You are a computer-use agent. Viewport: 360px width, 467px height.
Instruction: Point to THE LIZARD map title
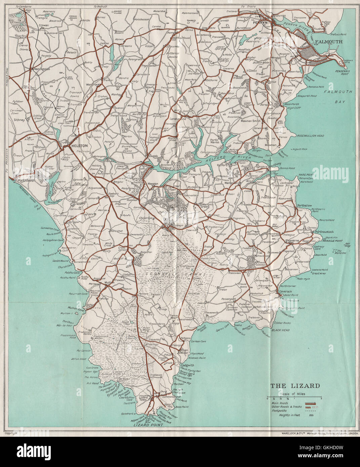295,386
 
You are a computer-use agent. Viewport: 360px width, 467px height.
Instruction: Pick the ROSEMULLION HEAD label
310,135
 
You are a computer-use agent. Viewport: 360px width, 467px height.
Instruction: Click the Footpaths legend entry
282,410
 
